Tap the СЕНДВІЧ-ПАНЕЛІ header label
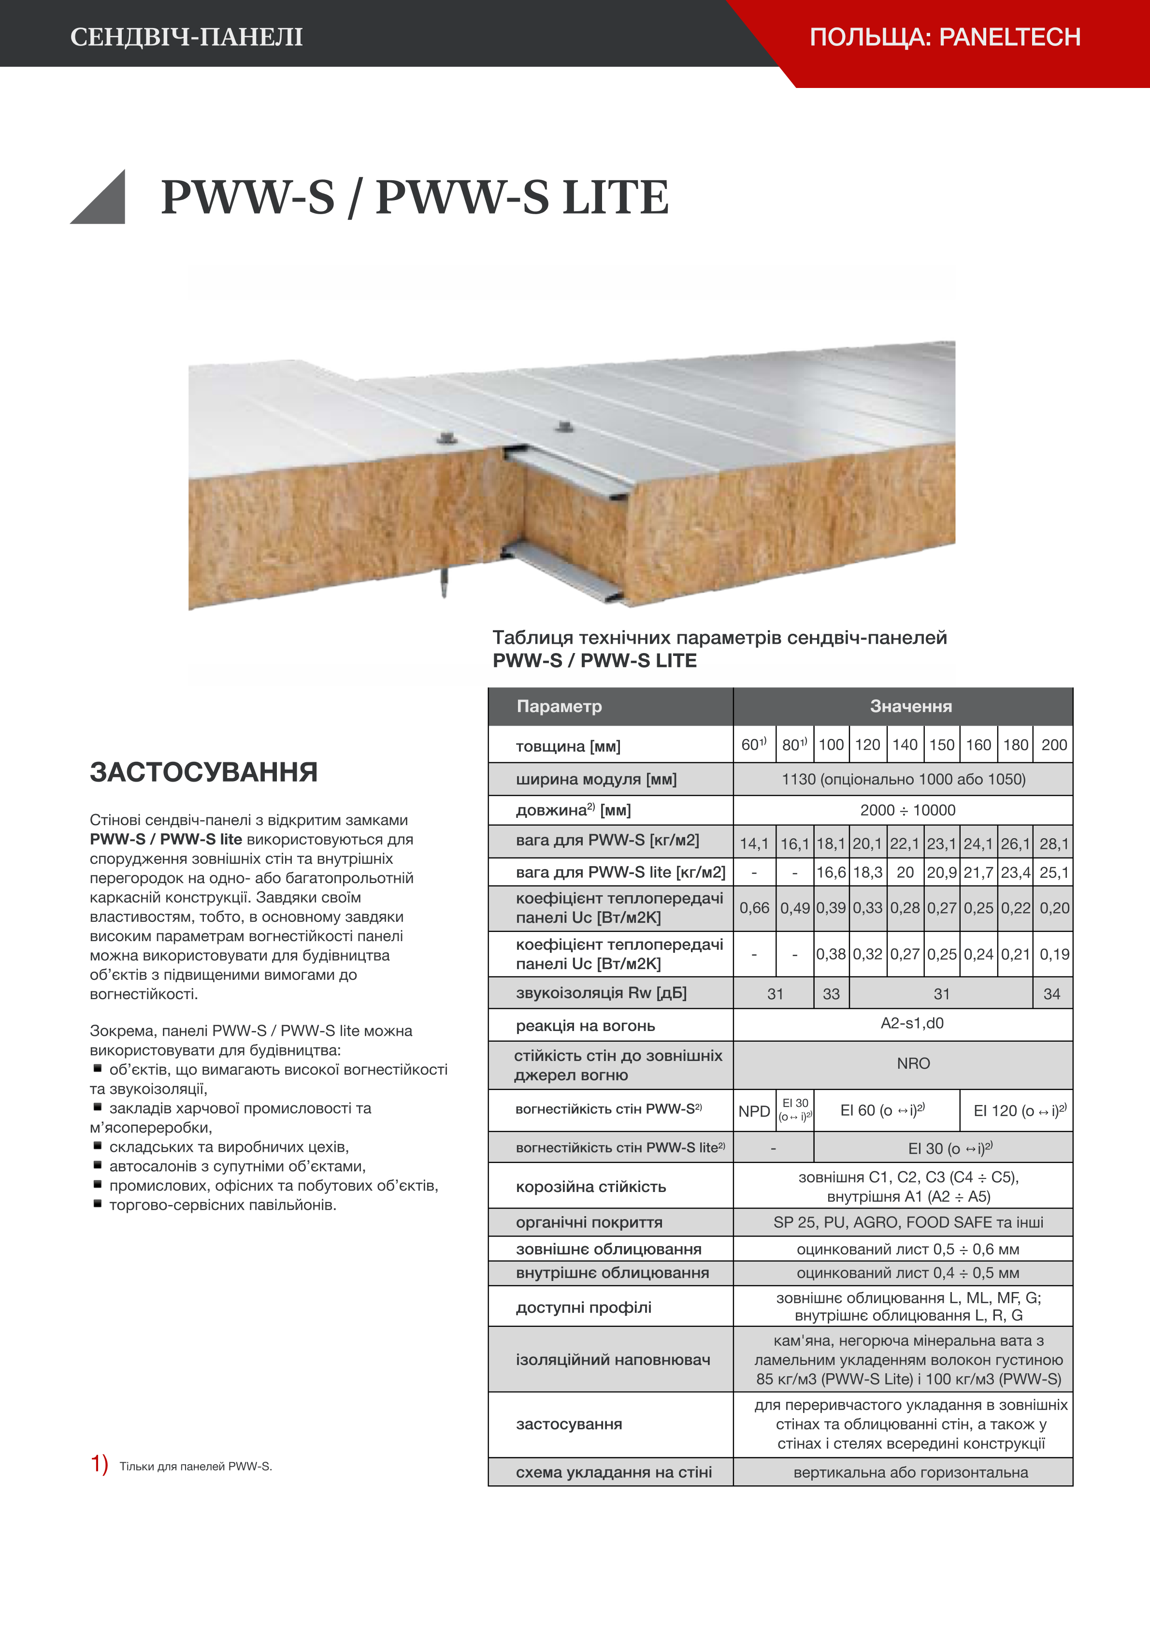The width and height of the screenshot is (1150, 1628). click(x=187, y=37)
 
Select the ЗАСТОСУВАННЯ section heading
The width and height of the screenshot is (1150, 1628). click(x=203, y=772)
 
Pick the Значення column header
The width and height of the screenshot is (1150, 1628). click(x=910, y=706)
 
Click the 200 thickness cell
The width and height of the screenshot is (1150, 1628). click(x=1053, y=744)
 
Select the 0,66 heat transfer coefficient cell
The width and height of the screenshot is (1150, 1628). click(x=754, y=908)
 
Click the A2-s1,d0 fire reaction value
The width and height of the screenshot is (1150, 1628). click(x=912, y=1023)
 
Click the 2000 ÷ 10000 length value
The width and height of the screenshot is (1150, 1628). click(x=907, y=810)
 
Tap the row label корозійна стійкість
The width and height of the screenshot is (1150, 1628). click(x=590, y=1187)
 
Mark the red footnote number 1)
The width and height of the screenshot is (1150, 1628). click(x=99, y=1464)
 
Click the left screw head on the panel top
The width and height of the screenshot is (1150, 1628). click(x=446, y=437)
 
